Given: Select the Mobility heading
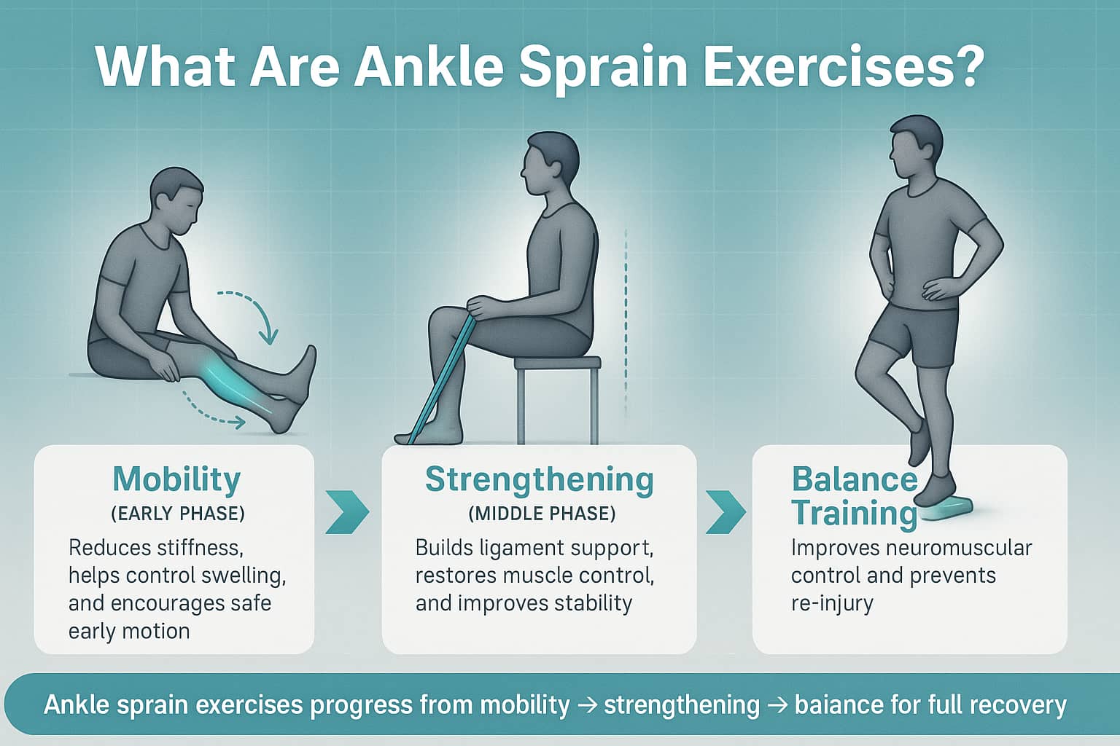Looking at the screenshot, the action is pos(176,480).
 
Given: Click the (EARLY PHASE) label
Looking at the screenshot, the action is pos(178,514).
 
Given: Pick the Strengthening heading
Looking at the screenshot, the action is pos(540,480).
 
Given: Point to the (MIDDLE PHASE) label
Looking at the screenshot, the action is pos(542,514).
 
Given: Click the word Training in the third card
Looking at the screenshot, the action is pos(855,514).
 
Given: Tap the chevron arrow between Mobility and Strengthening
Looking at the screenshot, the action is pos(348,513).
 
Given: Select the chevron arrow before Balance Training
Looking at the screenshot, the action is pos(726,513).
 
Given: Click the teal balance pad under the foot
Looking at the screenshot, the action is pos(946,509).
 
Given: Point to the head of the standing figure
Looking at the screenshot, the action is pos(916,146).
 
